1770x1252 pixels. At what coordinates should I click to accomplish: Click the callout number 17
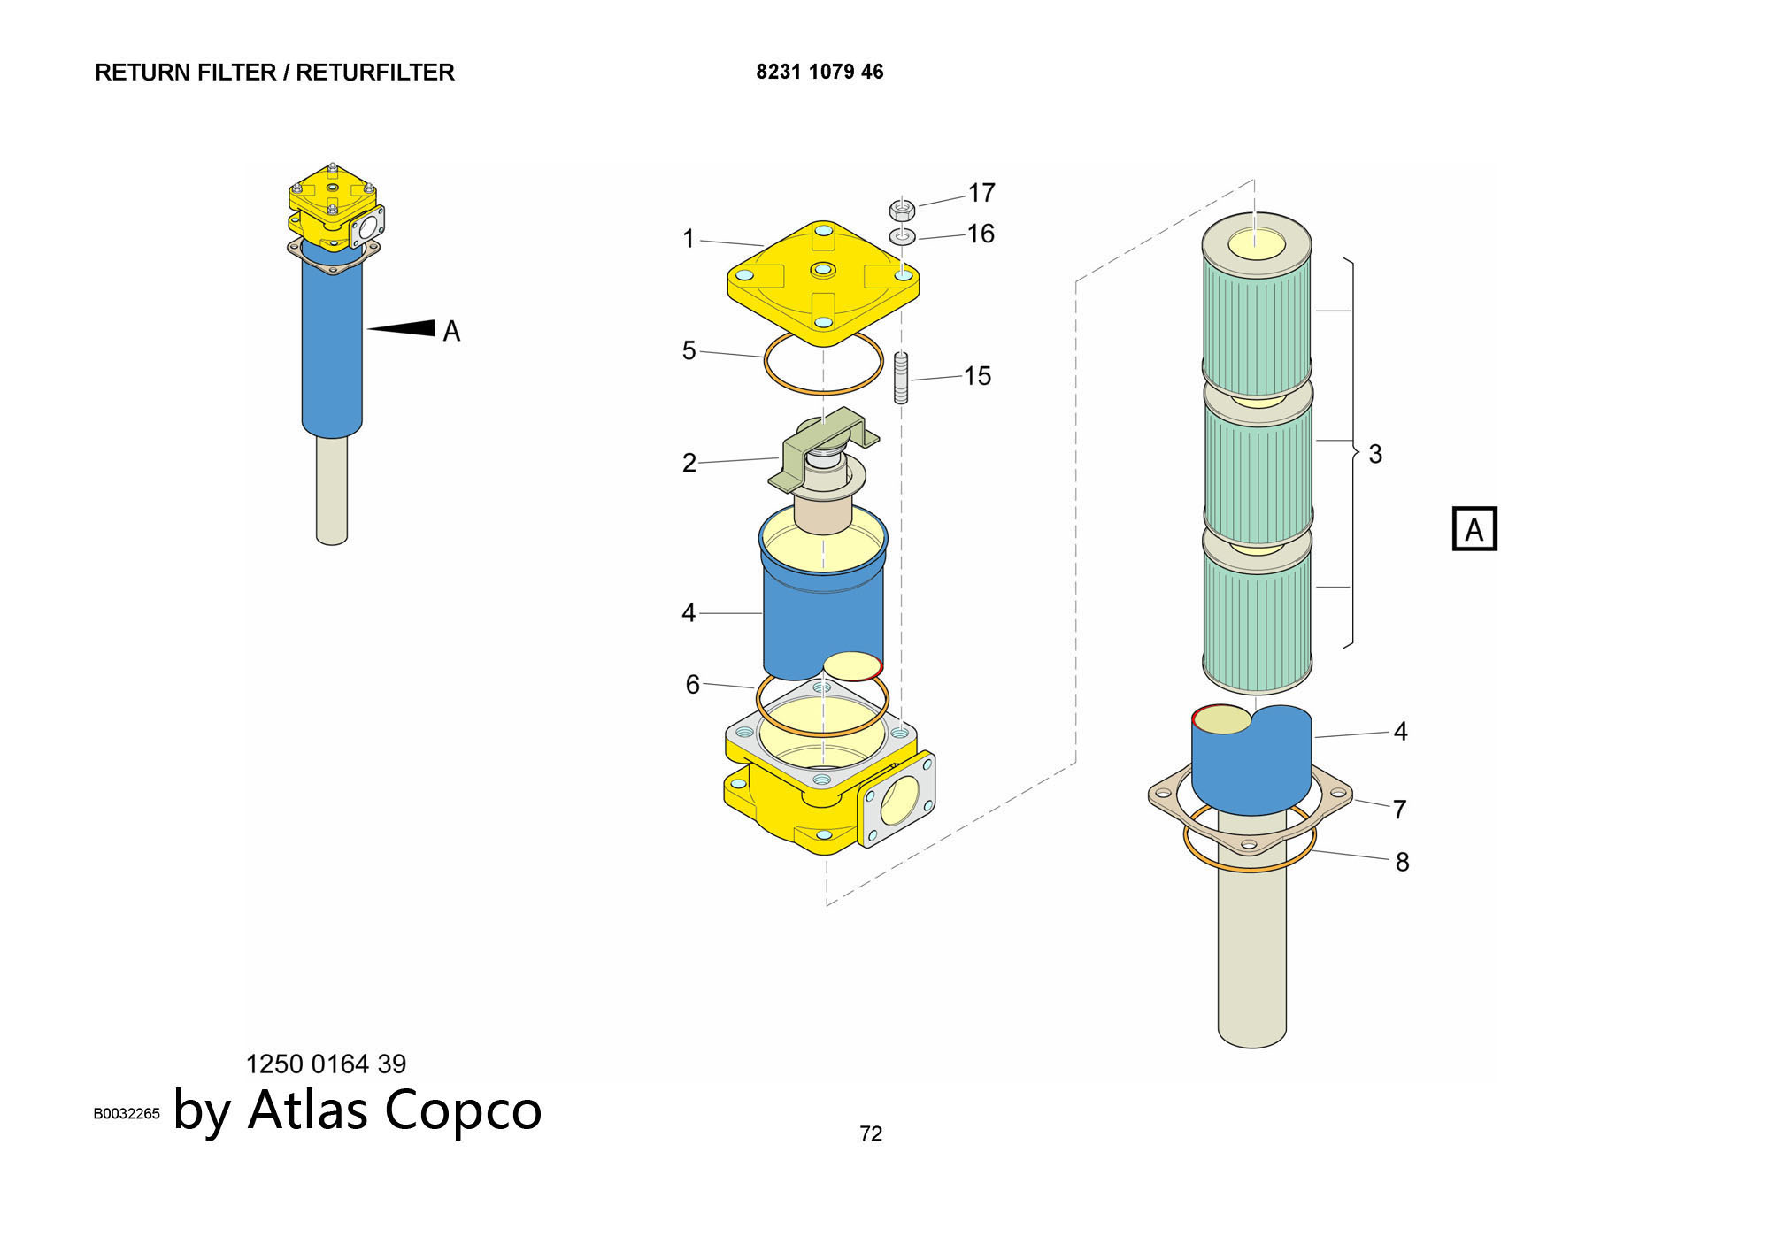pos(981,192)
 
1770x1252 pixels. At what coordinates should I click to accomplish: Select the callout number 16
pos(981,234)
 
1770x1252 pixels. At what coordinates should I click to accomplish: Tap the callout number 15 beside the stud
pos(977,376)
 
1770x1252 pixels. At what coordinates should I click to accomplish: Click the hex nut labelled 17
pos(901,210)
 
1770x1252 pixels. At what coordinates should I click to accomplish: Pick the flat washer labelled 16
pos(902,236)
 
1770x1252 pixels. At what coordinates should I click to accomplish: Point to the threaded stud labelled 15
pos(901,378)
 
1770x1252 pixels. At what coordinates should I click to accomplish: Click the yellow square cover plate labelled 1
pos(823,283)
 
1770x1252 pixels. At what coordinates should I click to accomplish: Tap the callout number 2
pos(689,463)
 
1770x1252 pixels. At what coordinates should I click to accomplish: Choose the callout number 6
pos(692,684)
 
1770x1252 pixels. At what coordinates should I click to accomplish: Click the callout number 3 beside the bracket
pos(1375,454)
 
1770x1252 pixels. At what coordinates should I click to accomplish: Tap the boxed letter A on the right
pos(1474,529)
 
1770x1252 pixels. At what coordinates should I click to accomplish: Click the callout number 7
pos(1399,809)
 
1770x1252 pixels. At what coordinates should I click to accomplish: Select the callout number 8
pos(1402,862)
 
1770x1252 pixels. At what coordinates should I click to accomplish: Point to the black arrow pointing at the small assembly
pos(403,328)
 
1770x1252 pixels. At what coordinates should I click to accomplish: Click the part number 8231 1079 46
pos(820,72)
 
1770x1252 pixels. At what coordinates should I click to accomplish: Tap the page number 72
pos(871,1133)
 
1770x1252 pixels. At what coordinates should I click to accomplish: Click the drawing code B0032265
pos(127,1113)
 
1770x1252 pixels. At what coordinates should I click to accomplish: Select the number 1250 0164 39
pos(326,1064)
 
